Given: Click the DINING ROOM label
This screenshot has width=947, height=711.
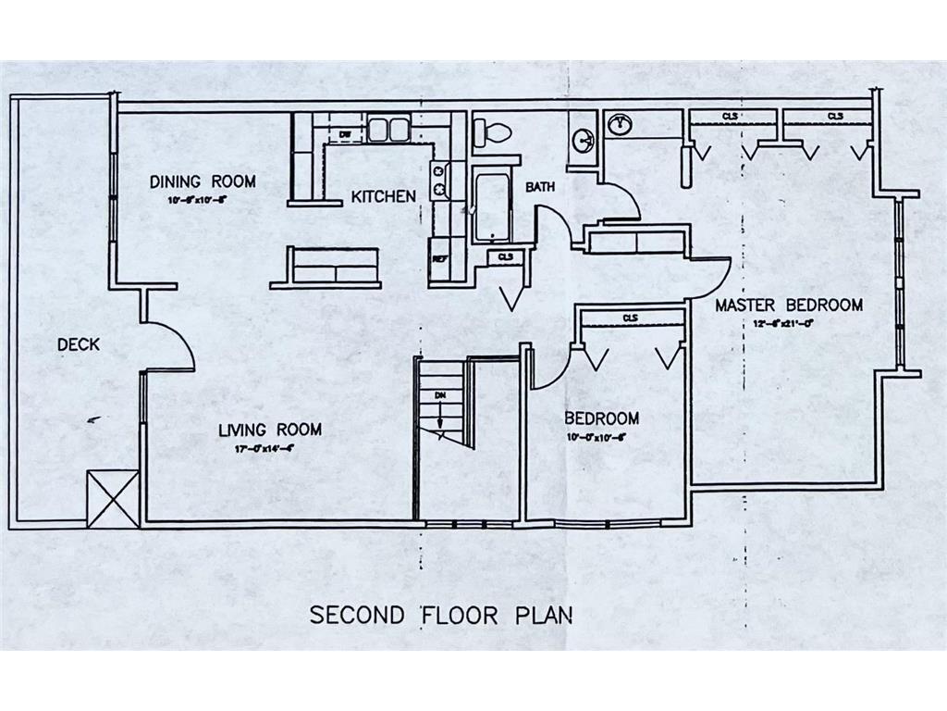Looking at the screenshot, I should [203, 181].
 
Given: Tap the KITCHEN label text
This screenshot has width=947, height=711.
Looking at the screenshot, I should [383, 196].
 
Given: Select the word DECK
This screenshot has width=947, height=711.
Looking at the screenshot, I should [79, 345].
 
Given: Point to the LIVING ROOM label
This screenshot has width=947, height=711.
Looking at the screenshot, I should [270, 430].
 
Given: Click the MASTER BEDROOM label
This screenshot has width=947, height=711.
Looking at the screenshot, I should [789, 305].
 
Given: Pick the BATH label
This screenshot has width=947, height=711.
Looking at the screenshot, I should [541, 187].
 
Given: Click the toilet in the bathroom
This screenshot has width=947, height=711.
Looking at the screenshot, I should [490, 131].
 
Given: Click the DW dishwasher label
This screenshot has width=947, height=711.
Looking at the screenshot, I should [345, 135].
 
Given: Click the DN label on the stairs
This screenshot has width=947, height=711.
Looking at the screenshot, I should [441, 395].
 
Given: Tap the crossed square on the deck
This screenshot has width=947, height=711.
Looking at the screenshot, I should [113, 499].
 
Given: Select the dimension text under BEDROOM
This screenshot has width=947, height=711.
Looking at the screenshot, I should [601, 437].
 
